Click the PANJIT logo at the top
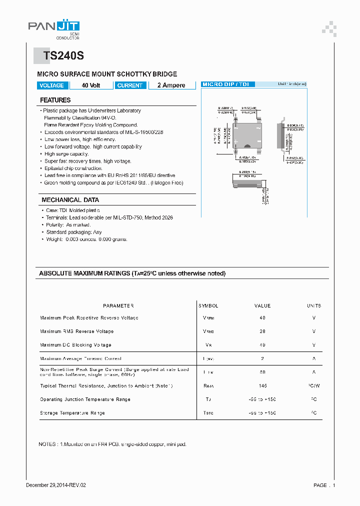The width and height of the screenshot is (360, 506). click(x=54, y=28)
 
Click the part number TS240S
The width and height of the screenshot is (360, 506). click(x=60, y=56)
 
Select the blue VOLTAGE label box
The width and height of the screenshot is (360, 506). click(x=51, y=85)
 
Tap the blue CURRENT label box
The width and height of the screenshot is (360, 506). click(x=130, y=85)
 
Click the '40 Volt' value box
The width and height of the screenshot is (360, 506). click(x=91, y=85)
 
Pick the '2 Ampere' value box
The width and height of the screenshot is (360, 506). click(x=171, y=85)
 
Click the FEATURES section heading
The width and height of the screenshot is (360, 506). click(x=55, y=100)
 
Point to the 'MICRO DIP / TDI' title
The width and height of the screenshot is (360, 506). click(x=228, y=84)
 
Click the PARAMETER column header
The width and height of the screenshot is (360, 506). click(x=118, y=305)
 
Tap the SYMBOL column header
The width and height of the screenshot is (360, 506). click(x=208, y=305)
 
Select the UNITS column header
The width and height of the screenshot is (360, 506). click(x=314, y=305)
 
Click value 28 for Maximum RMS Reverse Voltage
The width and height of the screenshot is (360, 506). click(x=262, y=331)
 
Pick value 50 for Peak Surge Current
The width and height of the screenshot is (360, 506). click(x=262, y=372)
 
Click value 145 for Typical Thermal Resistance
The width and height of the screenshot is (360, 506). click(x=262, y=386)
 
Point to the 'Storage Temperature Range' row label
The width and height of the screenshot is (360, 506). click(x=72, y=413)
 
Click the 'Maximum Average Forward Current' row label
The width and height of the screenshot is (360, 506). click(x=80, y=358)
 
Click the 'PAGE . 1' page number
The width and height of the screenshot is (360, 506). click(x=324, y=485)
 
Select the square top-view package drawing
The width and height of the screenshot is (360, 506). click(x=245, y=135)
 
